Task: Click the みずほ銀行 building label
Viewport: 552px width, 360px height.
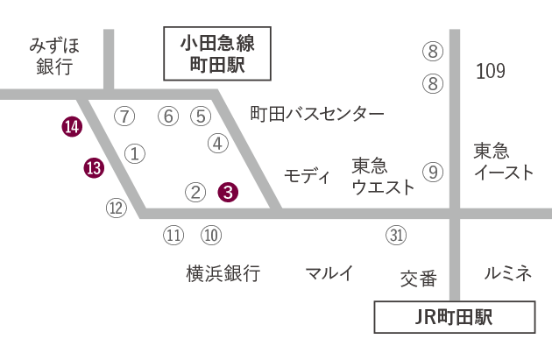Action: pos(54,57)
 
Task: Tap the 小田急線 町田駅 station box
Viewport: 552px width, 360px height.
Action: pos(216,54)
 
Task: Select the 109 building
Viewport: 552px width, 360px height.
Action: pos(490,71)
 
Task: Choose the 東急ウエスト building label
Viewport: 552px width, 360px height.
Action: pos(379,176)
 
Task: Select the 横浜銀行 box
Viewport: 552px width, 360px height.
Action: pos(223,273)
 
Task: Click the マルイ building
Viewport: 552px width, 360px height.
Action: pos(329,273)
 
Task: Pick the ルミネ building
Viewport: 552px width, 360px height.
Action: pos(507,273)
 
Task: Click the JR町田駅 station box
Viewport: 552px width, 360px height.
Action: pos(454,317)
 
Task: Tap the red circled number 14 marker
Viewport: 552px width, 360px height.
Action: pos(72,128)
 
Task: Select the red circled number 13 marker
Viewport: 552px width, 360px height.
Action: pos(94,168)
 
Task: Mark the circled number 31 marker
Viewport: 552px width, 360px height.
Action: pos(397,235)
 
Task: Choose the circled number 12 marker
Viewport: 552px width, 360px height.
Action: pos(117,208)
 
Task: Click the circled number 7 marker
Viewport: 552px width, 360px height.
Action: pos(125,116)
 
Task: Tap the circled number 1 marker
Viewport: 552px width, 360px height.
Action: pos(135,153)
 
